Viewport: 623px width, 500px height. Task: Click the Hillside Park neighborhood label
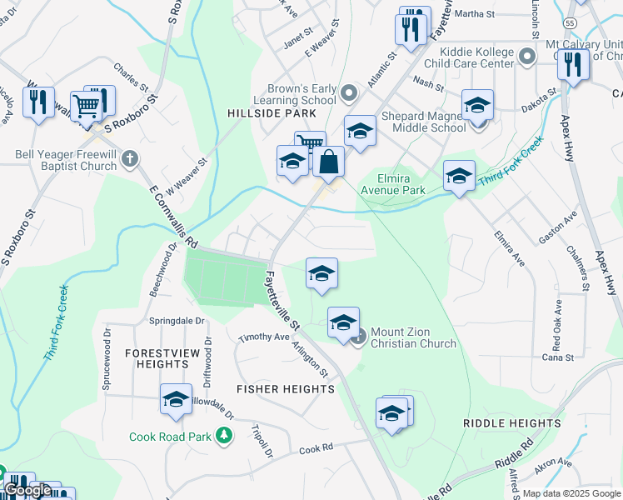tap(272, 112)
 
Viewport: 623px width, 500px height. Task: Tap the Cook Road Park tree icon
tap(223, 436)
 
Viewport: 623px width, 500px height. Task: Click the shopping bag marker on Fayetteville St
tap(330, 162)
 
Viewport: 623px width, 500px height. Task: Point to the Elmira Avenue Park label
tap(392, 183)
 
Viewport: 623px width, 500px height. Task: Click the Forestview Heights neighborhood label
tap(162, 358)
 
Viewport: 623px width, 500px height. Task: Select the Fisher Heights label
tap(286, 389)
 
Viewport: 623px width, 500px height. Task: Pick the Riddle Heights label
tap(512, 423)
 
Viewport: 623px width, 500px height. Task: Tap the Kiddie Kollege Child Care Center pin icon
tap(526, 57)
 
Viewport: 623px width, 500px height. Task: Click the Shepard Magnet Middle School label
tap(424, 122)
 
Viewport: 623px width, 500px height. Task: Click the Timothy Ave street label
tap(263, 337)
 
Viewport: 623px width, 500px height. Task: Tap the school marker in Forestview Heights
tap(177, 400)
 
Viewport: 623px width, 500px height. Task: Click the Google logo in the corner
tap(28, 490)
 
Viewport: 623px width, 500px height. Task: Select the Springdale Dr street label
tap(177, 321)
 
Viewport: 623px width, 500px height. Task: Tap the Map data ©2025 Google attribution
tap(571, 493)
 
